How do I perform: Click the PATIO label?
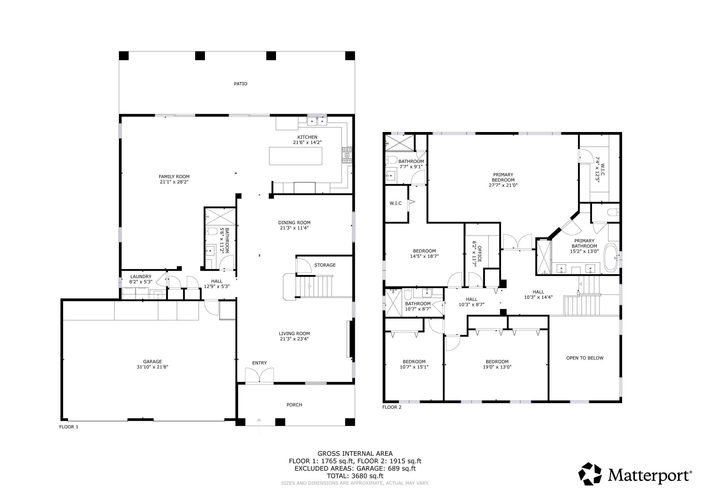[241, 83]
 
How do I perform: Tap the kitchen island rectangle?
[295, 156]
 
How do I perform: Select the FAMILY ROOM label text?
[174, 177]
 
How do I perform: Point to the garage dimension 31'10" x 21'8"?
[152, 367]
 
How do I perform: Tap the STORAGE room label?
[325, 265]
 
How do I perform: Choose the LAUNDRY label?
[141, 276]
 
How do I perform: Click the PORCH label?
[294, 405]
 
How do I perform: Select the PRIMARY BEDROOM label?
[503, 177]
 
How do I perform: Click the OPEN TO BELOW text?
[585, 358]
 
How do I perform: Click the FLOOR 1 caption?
[69, 427]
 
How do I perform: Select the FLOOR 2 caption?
[392, 407]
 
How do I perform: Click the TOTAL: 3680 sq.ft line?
[355, 476]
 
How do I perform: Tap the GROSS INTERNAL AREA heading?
[355, 454]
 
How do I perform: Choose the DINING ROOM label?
[294, 223]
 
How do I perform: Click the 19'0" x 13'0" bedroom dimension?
[497, 367]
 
